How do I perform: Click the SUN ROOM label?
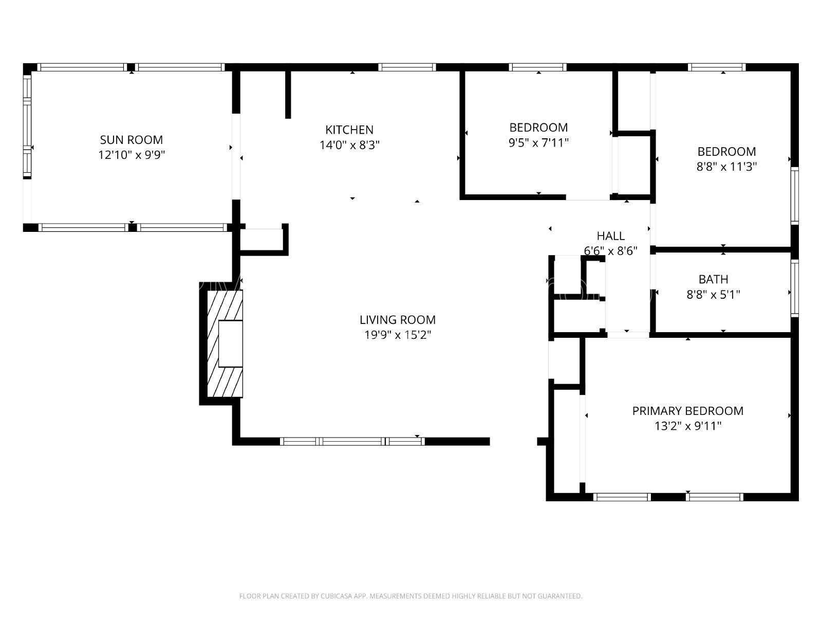tap(131, 140)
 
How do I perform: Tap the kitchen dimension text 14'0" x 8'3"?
tap(349, 145)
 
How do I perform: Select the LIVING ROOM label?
tap(397, 320)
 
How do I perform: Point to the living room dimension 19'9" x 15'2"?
tap(397, 335)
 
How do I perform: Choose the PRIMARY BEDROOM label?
tap(687, 411)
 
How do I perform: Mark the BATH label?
tap(713, 279)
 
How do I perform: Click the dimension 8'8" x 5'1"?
tap(713, 295)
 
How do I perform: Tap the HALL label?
tap(610, 236)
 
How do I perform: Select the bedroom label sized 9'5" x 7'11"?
tap(538, 128)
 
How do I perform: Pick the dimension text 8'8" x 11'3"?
tap(726, 167)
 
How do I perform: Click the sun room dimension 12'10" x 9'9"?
tap(131, 155)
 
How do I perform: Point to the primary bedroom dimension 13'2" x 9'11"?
tap(687, 426)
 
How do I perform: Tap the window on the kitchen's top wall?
tap(407, 67)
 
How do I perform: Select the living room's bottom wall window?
tap(352, 441)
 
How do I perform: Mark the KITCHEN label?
tap(349, 130)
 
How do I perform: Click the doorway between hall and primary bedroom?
tap(628, 335)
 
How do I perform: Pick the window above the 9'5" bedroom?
tap(537, 67)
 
